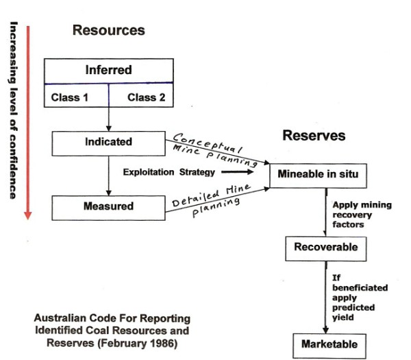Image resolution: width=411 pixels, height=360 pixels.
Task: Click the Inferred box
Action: [108, 70]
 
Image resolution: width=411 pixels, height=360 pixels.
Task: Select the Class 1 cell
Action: [70, 97]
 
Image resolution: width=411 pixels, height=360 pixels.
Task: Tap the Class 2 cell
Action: [146, 97]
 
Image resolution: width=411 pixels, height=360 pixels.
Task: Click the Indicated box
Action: [108, 142]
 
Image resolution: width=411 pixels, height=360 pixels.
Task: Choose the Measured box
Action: [108, 206]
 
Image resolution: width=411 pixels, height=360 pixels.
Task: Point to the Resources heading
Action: [109, 30]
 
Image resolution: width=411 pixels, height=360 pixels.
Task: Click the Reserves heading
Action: [314, 136]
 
